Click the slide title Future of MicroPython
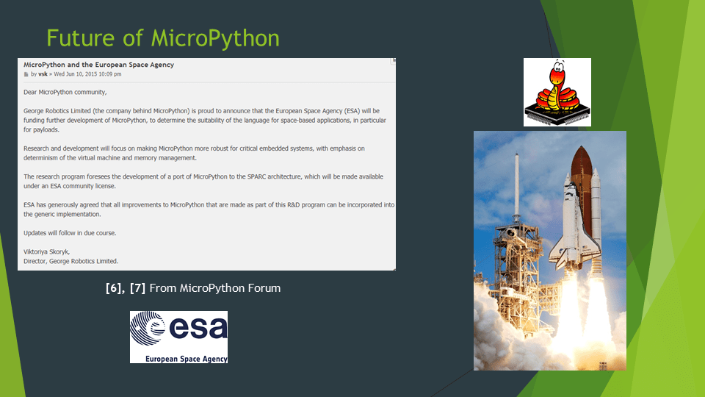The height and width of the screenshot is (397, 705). pyautogui.click(x=163, y=38)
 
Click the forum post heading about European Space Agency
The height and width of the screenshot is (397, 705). pyautogui.click(x=98, y=65)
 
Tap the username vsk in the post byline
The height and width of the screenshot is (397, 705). pyautogui.click(x=43, y=74)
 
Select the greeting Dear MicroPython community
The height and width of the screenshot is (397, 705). pyautogui.click(x=65, y=93)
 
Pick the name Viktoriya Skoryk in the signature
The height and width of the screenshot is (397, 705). pyautogui.click(x=46, y=252)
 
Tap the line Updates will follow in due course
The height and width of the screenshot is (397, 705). pyautogui.click(x=70, y=233)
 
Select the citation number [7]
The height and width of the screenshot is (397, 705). pyautogui.click(x=137, y=288)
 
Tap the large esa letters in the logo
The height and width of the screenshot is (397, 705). pyautogui.click(x=198, y=328)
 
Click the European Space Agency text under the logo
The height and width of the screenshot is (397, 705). pyautogui.click(x=186, y=359)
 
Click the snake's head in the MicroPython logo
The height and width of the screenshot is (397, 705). pyautogui.click(x=558, y=71)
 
